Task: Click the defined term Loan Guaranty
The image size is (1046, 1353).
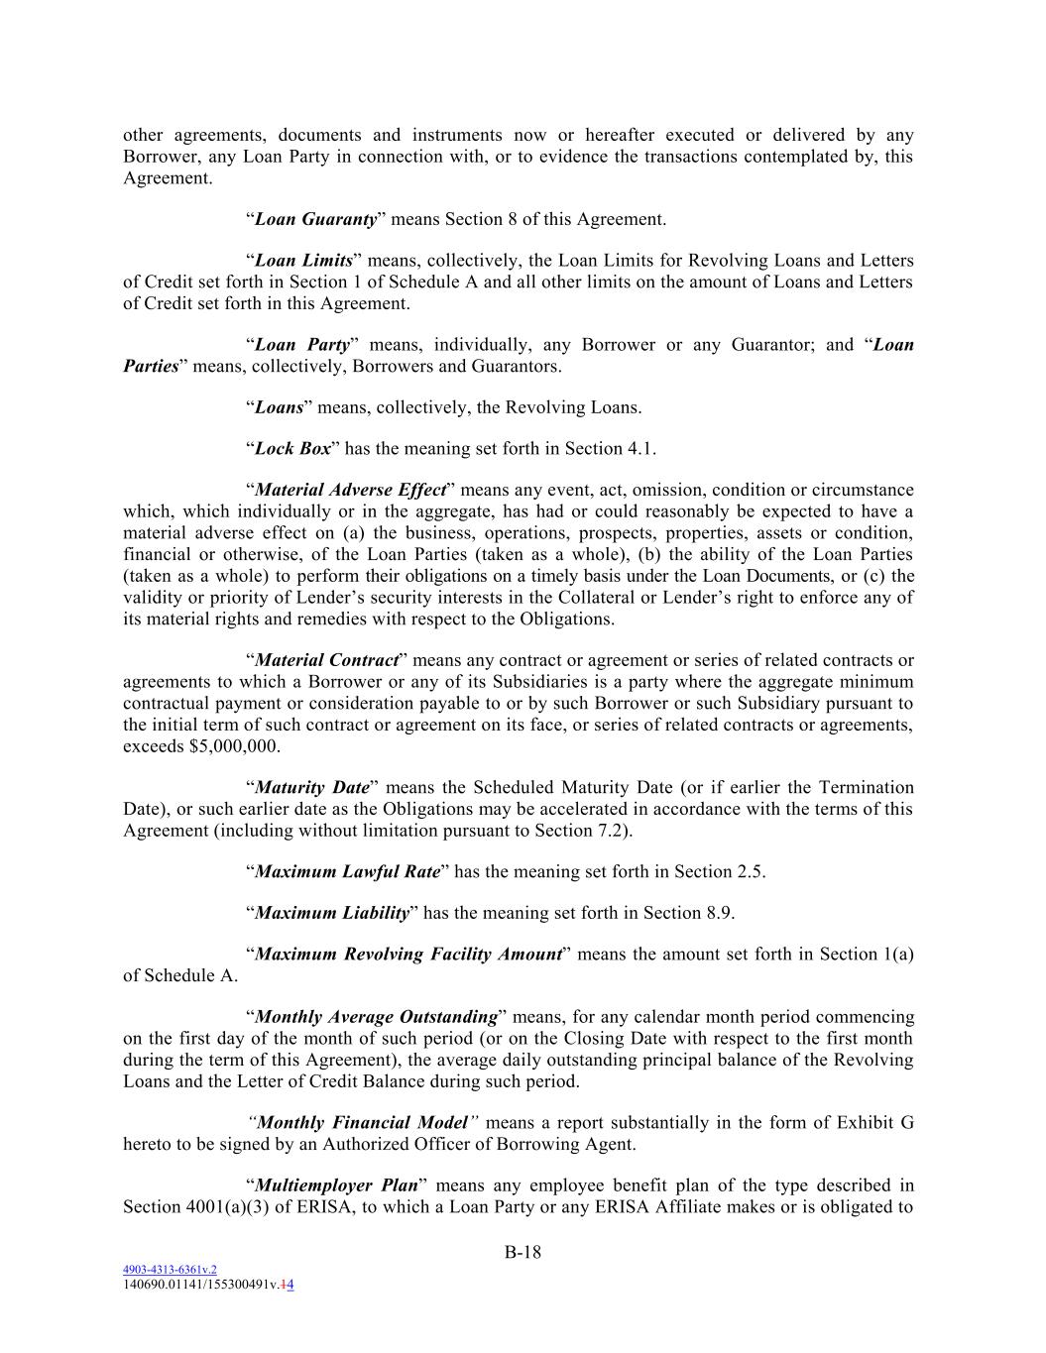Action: [315, 219]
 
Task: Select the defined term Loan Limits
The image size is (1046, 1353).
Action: [303, 261]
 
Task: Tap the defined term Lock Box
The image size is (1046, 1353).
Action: [292, 449]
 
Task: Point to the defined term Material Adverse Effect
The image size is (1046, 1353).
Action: [350, 491]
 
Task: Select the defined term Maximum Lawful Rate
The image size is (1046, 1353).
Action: [347, 872]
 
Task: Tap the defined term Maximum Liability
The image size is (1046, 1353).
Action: [332, 914]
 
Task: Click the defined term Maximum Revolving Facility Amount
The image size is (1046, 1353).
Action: [408, 955]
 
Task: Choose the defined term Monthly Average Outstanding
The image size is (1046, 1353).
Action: [376, 1018]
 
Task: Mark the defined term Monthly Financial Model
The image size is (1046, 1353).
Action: [362, 1123]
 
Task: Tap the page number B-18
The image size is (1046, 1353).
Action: [523, 1252]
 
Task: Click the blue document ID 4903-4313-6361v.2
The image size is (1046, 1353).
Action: [170, 1270]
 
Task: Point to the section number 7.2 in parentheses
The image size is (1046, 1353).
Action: [615, 831]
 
